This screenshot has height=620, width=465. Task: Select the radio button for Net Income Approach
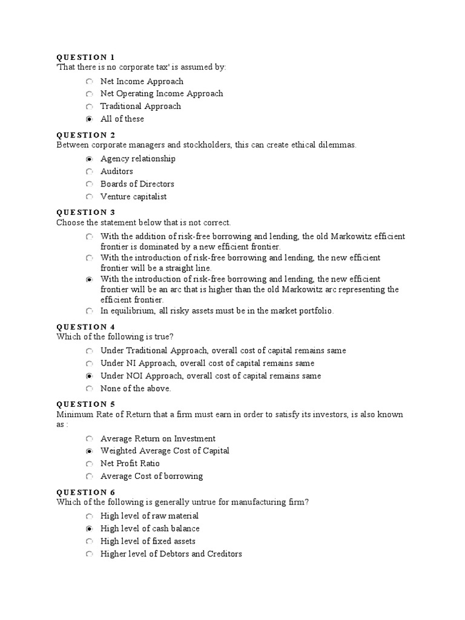[89, 81]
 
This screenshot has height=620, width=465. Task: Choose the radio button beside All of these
[89, 119]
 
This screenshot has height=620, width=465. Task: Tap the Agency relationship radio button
[89, 159]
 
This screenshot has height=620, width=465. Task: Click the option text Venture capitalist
[133, 197]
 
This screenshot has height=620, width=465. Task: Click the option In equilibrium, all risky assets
[217, 311]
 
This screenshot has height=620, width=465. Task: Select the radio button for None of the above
[89, 389]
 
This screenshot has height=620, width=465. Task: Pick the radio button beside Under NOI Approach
[89, 376]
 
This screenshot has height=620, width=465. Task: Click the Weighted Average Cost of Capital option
[165, 451]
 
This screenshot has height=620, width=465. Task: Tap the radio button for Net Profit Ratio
[89, 464]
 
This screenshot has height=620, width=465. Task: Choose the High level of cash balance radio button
[89, 529]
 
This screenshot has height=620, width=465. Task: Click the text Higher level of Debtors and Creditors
[171, 554]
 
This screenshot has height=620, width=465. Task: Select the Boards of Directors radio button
[89, 184]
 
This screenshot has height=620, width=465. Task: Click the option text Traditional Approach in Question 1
[140, 107]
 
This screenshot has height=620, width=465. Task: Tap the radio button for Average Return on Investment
[89, 438]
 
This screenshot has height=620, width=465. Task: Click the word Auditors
[117, 171]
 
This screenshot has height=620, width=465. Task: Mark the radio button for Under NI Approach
[89, 363]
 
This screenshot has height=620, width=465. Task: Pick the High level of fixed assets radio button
[89, 541]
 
